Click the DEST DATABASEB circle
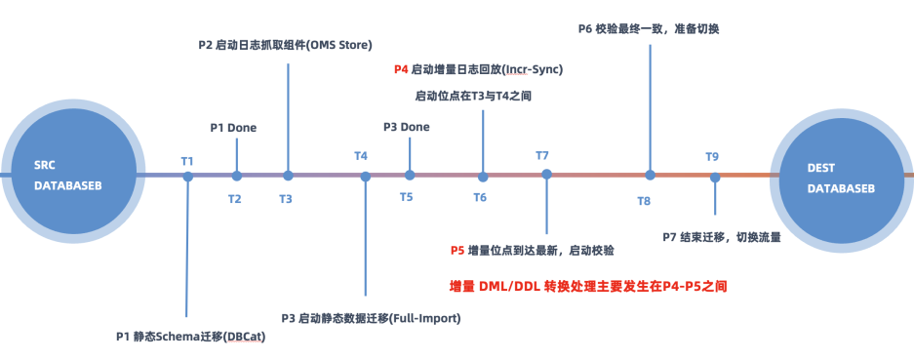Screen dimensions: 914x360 [x=841, y=180]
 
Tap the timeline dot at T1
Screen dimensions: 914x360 [x=187, y=177]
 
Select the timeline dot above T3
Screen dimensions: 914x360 [x=288, y=175]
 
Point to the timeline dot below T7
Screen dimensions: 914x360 [x=547, y=174]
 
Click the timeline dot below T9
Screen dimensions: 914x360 [x=715, y=177]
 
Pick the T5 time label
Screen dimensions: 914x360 [x=407, y=197]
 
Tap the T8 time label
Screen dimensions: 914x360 [x=644, y=201]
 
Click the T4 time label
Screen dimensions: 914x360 [x=361, y=156]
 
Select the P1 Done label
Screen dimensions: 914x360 [x=233, y=127]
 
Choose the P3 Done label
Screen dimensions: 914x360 [x=407, y=127]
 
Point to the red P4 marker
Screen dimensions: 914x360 [x=401, y=69]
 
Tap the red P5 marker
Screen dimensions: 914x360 [x=457, y=251]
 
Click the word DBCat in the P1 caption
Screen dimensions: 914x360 [x=244, y=337]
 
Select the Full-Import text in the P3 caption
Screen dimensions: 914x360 [x=426, y=318]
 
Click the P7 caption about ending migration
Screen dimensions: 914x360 [x=722, y=237]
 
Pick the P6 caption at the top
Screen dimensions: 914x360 [x=649, y=28]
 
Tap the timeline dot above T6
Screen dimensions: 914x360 [x=483, y=177]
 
